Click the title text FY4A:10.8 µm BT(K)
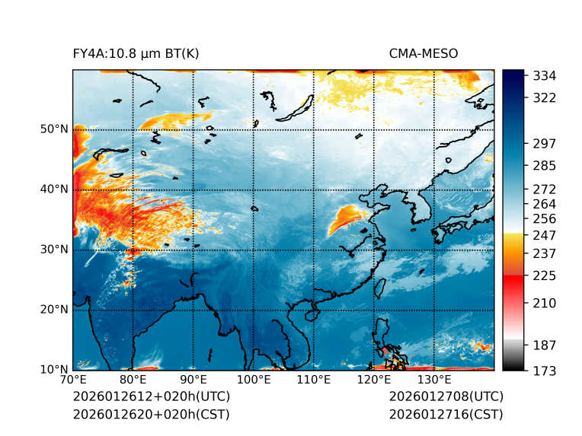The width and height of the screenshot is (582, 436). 136,53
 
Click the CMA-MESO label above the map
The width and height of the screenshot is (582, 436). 424,53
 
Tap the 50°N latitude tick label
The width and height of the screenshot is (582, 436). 54,129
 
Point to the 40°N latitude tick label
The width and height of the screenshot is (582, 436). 54,189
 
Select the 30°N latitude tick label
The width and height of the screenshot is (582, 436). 54,250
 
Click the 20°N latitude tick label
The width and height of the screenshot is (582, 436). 54,310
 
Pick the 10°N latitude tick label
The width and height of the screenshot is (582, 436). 54,370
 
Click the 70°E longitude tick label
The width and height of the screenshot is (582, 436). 73,380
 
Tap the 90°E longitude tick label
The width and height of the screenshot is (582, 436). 193,380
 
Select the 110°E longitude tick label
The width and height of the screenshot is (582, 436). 314,380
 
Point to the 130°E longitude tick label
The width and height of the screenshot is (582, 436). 434,380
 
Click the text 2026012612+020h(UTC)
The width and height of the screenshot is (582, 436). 151,397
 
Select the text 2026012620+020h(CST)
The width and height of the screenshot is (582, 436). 151,415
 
